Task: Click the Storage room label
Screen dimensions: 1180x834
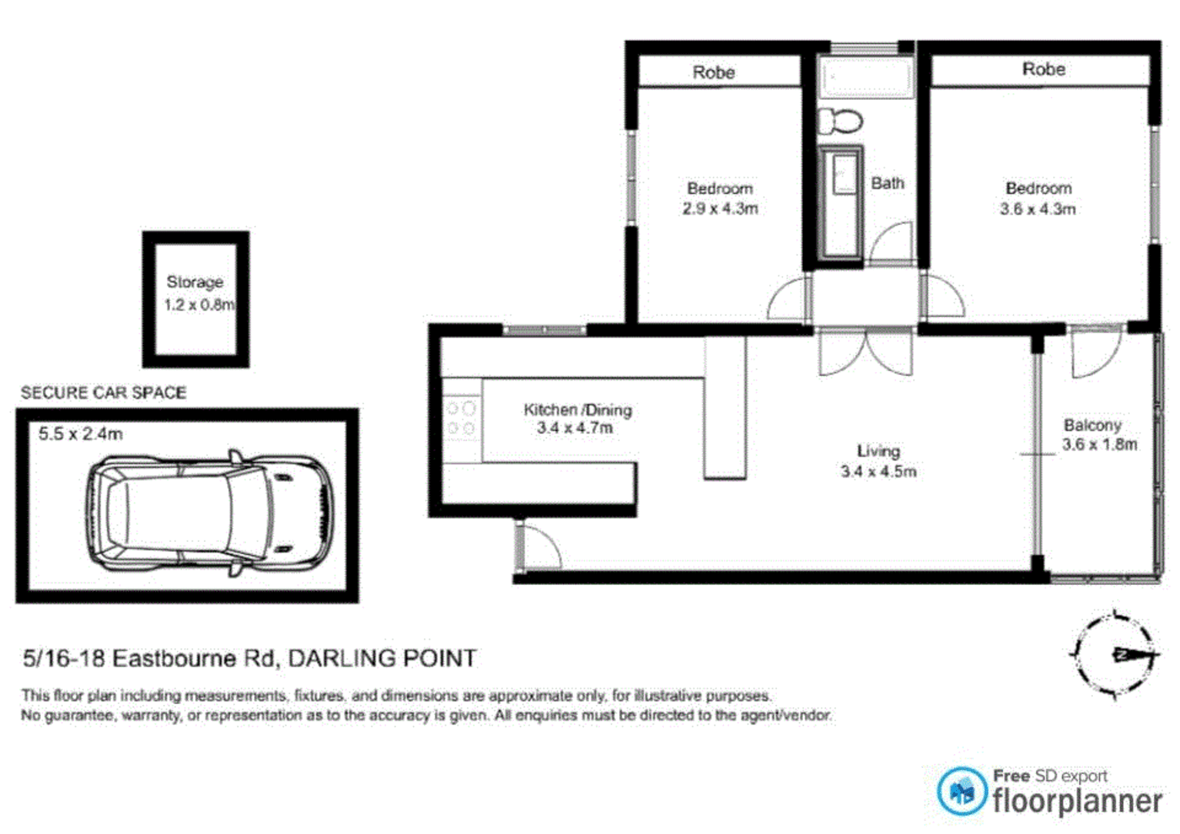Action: click(x=195, y=282)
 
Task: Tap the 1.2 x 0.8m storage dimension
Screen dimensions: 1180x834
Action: click(x=198, y=305)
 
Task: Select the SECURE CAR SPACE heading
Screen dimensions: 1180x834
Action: click(x=103, y=393)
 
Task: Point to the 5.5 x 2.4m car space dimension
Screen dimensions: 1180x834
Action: click(x=81, y=434)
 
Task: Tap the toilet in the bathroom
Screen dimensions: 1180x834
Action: click(x=840, y=121)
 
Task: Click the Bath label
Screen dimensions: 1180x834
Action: click(x=888, y=183)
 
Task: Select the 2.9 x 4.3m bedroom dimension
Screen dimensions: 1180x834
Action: click(x=720, y=209)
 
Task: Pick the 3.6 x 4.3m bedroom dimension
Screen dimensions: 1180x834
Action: click(x=1038, y=209)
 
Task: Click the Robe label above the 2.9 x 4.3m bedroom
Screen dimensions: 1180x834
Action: click(x=714, y=72)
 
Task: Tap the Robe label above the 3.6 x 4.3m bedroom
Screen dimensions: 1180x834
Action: click(x=1044, y=69)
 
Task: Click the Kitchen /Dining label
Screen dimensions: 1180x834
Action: click(x=578, y=410)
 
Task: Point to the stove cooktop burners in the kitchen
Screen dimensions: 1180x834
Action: click(x=462, y=418)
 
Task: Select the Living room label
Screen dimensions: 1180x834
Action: click(x=878, y=451)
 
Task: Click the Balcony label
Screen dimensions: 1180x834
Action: click(x=1092, y=425)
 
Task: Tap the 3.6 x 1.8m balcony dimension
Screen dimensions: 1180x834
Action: click(x=1099, y=445)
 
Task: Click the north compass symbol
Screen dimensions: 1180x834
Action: click(x=1115, y=655)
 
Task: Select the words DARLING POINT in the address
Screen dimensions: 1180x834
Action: click(x=382, y=658)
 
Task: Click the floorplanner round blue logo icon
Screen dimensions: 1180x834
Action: click(x=962, y=791)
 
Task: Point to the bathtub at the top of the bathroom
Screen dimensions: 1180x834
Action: click(x=866, y=78)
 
